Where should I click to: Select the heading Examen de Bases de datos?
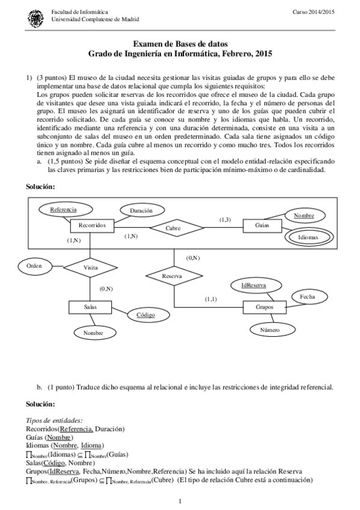pos(180,44)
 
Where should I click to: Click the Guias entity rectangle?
pos(262,226)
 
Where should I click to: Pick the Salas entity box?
pos(90,307)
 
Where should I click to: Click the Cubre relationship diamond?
pos(173,229)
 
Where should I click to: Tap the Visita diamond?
pos(90,267)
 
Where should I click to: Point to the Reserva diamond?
pos(173,276)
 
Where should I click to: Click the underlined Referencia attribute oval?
pos(63,209)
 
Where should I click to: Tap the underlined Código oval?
pos(145,315)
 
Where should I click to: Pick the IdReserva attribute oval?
pos(254,285)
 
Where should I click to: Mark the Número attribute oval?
pos(270,330)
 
